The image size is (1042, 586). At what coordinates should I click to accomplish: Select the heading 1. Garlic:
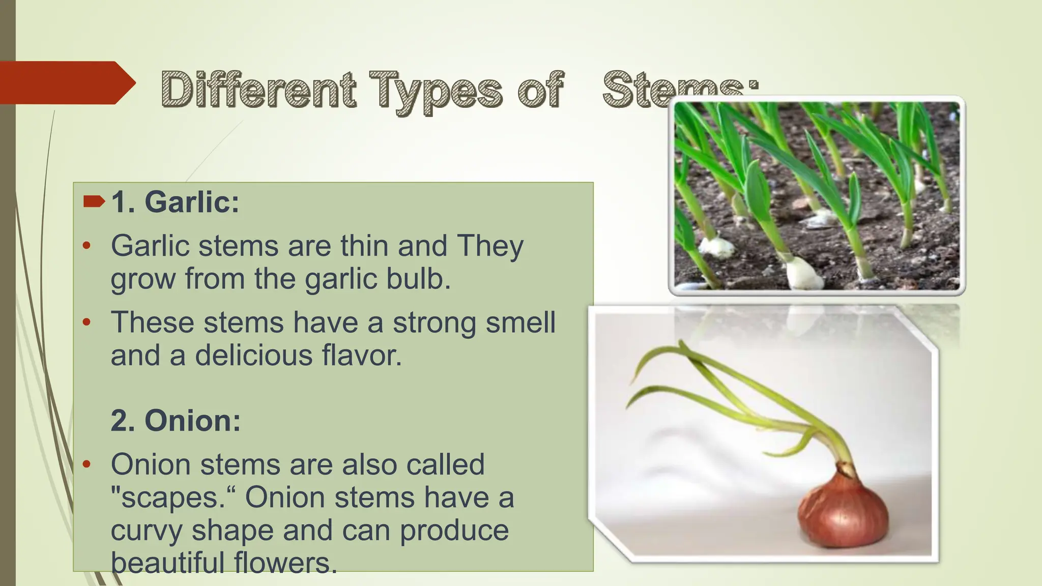[x=175, y=202]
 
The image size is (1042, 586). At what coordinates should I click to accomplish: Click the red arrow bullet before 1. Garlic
[x=94, y=202]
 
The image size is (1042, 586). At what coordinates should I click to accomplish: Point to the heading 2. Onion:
[x=176, y=421]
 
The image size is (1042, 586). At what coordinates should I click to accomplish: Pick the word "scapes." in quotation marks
[x=173, y=497]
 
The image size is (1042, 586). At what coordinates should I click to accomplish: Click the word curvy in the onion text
[x=147, y=530]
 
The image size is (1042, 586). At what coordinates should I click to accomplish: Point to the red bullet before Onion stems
[x=86, y=464]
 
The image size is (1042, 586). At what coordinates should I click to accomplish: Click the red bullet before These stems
[x=86, y=322]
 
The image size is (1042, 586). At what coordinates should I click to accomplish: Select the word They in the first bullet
[x=490, y=246]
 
